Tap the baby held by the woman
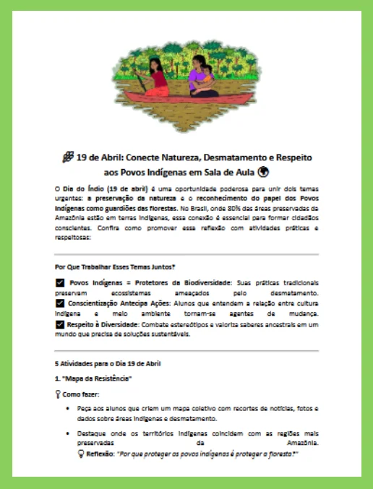pyautogui.click(x=207, y=74)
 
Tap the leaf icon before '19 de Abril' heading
pyautogui.click(x=68, y=157)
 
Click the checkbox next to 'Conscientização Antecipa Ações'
pyautogui.click(x=59, y=303)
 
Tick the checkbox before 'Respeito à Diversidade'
pyautogui.click(x=59, y=325)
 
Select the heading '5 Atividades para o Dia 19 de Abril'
pyautogui.click(x=108, y=363)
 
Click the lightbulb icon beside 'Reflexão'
pyautogui.click(x=81, y=456)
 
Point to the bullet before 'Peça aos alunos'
pyautogui.click(x=68, y=409)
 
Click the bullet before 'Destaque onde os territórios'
pyautogui.click(x=68, y=433)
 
